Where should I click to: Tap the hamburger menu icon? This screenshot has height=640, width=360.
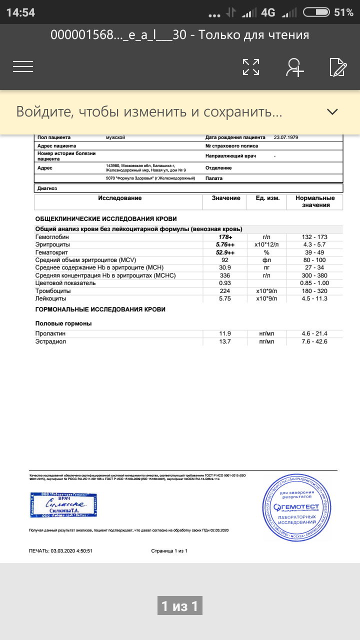click(23, 66)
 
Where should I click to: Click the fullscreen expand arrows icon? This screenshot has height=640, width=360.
click(251, 66)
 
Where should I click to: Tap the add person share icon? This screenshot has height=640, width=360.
click(295, 66)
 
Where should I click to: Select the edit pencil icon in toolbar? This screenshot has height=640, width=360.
click(338, 66)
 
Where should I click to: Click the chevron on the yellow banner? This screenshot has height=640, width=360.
click(332, 111)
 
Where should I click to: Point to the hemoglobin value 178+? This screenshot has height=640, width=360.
click(225, 237)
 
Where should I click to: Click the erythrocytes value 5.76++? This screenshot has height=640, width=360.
click(225, 244)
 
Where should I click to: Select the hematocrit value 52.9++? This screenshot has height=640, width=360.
click(225, 252)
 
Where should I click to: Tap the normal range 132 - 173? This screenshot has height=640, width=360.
click(314, 237)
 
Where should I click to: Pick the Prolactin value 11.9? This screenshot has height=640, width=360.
click(225, 333)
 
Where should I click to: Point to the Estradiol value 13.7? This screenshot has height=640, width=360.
click(225, 341)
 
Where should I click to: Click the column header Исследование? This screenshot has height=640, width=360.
click(119, 198)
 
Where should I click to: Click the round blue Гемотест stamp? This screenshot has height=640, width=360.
click(296, 508)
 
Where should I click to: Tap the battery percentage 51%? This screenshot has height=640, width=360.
click(343, 12)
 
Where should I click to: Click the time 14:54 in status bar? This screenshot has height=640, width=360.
click(20, 12)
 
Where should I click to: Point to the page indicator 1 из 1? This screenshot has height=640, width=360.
click(179, 606)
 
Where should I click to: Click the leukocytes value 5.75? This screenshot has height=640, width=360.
click(225, 298)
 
